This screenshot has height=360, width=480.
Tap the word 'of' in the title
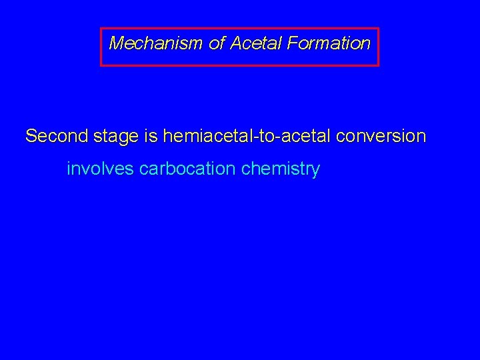(x=217, y=44)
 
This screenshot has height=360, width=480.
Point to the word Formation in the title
(x=329, y=44)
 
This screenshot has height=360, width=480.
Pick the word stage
(x=116, y=137)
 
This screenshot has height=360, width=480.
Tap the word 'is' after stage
(x=150, y=137)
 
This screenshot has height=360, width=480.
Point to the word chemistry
(x=281, y=169)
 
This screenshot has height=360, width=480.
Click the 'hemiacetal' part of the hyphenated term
(x=204, y=137)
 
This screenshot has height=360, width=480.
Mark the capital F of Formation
(x=292, y=44)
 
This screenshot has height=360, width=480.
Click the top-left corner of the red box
(x=101, y=28)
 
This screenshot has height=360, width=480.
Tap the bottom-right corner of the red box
(x=378, y=65)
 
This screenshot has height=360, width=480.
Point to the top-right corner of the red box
(x=378, y=28)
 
